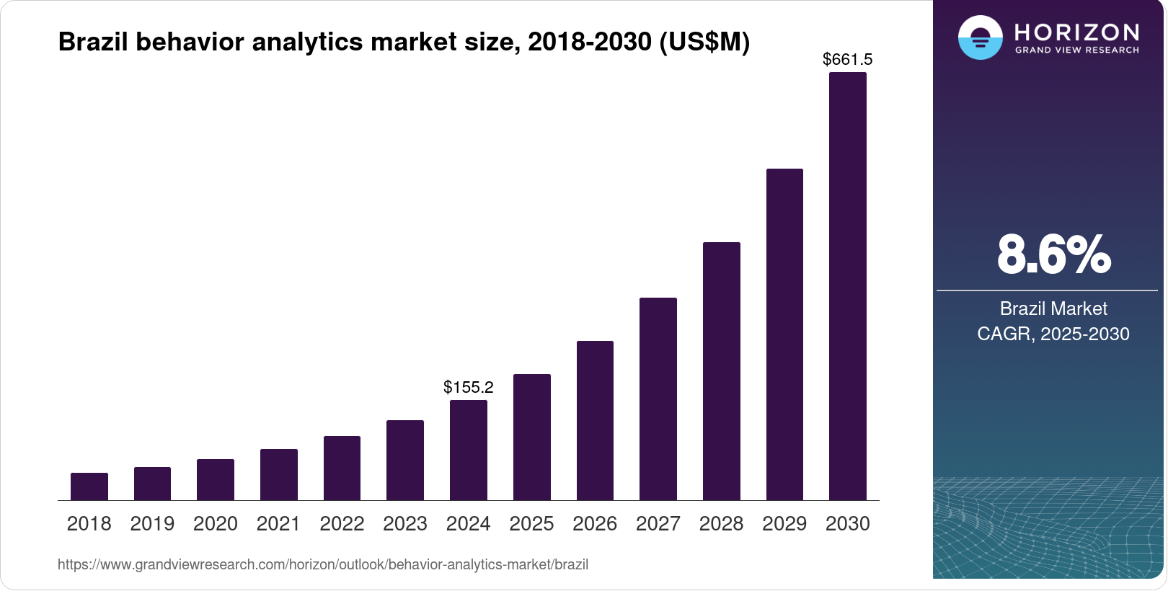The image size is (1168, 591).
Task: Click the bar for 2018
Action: tap(89, 486)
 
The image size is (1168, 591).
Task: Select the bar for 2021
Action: tap(279, 474)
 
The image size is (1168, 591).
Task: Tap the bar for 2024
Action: tap(469, 450)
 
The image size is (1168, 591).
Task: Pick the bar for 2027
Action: tap(658, 399)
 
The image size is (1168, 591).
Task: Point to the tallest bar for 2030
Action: tap(848, 286)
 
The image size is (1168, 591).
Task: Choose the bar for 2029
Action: tap(784, 334)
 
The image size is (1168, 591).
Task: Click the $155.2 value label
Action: tap(469, 387)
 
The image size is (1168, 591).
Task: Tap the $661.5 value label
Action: tap(848, 59)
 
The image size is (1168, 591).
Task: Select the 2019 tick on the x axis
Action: tap(152, 523)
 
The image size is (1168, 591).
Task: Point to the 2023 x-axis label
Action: tap(405, 523)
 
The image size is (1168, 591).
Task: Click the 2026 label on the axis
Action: tap(595, 523)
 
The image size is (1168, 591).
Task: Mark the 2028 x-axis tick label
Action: tap(721, 523)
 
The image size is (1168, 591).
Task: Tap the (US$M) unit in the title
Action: tap(704, 42)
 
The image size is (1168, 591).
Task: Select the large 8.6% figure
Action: tap(1053, 254)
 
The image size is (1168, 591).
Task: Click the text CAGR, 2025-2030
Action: tap(1053, 334)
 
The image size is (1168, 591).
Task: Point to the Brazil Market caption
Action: tap(1053, 308)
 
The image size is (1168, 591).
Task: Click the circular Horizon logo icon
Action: tap(981, 37)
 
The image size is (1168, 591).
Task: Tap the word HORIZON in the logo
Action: tap(1076, 32)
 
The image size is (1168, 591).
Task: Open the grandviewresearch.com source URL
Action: tap(323, 564)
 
